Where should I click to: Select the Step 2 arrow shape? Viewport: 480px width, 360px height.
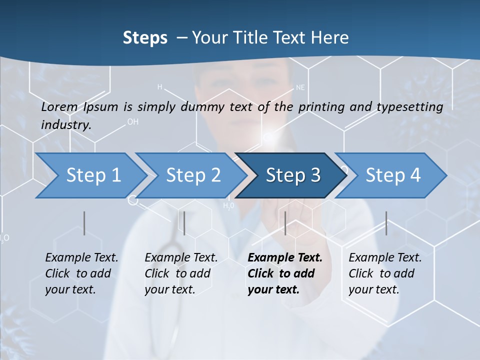[x=193, y=175]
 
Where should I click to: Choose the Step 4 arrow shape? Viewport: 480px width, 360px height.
[x=392, y=175]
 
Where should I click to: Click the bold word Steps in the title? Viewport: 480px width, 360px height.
[x=145, y=38]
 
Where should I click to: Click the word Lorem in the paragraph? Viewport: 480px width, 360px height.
[x=59, y=106]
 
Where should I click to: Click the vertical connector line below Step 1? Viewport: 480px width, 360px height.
[x=84, y=223]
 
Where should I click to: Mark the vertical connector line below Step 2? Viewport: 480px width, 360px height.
[x=184, y=223]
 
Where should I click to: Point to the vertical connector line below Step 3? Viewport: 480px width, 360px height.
[x=285, y=223]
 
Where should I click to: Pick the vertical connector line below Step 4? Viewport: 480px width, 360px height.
[x=386, y=223]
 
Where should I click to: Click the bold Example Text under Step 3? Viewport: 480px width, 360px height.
[x=285, y=258]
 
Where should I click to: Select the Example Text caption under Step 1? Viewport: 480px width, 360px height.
[x=81, y=258]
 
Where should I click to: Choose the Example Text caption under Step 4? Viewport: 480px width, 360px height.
[x=385, y=258]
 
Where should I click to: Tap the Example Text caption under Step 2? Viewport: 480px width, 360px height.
[x=181, y=258]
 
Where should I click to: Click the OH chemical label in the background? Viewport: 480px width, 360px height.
[x=133, y=121]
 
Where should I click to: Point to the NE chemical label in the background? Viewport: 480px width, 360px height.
[x=300, y=87]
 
